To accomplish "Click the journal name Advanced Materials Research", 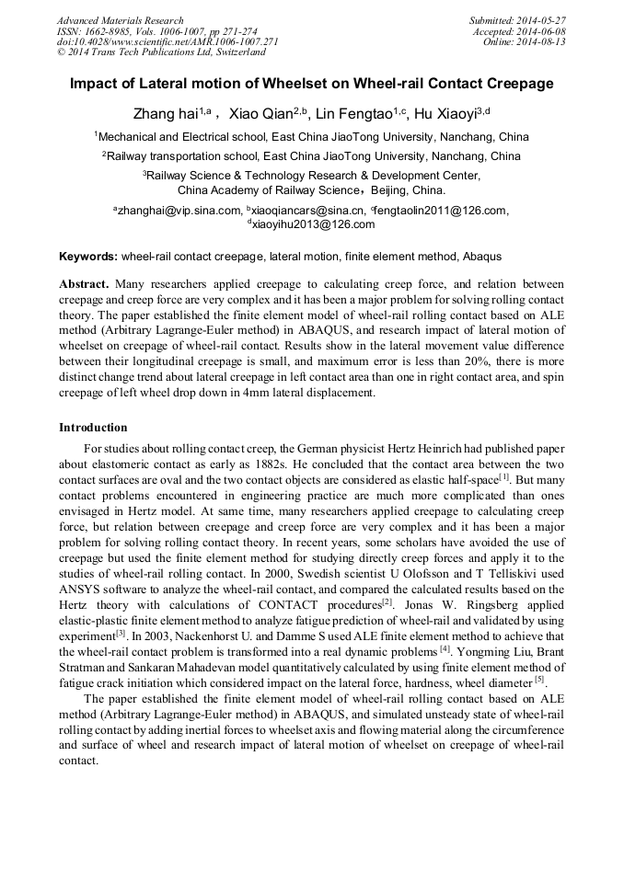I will [x=120, y=20].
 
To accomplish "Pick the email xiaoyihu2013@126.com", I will [x=314, y=223].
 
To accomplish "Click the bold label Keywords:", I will [x=88, y=256].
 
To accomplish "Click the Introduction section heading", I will [x=93, y=428].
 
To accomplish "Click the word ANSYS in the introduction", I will [x=82, y=567].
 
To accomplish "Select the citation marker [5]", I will [x=540, y=680].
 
